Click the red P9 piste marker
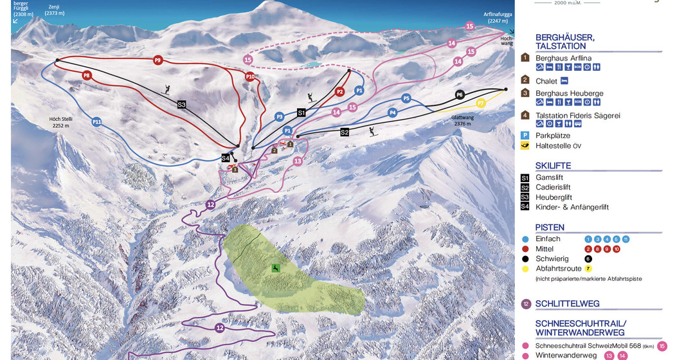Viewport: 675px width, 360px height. tap(157, 60)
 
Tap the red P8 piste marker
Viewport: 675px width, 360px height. tap(87, 75)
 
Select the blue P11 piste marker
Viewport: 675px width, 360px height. tap(96, 121)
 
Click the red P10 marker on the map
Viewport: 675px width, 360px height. tap(250, 76)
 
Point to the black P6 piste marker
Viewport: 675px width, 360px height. tap(460, 94)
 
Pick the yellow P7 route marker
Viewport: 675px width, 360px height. tap(480, 103)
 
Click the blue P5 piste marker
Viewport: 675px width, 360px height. tap(406, 98)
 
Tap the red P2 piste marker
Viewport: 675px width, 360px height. tap(339, 92)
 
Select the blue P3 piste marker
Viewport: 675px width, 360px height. tap(279, 117)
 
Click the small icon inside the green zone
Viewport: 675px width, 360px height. tap(275, 267)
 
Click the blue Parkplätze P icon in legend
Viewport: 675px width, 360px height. tap(525, 136)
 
